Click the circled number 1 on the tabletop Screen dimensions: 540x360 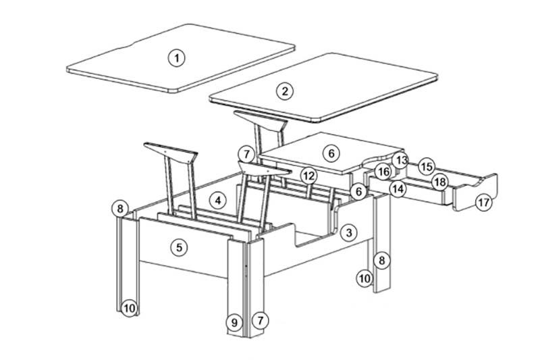pos(177,58)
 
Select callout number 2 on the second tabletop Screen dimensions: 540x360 pos(285,91)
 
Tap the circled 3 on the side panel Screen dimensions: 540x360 pos(349,233)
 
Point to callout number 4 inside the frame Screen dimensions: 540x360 pos(218,200)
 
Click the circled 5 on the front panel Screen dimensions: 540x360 pos(179,247)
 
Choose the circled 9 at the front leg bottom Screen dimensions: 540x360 pos(234,323)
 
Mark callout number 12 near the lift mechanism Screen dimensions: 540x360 pos(308,176)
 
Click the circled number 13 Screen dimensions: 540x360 pos(400,160)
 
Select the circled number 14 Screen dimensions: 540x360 pos(398,188)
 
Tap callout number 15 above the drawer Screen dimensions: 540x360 pos(427,167)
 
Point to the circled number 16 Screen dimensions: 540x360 pos(383,171)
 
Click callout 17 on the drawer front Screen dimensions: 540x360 pos(484,202)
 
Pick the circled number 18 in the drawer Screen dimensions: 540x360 pos(440,182)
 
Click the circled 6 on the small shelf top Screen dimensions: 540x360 pos(331,153)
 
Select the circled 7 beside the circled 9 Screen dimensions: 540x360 pos(260,320)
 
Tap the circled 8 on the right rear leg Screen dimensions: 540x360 pos(381,261)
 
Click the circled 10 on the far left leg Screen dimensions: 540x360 pos(130,308)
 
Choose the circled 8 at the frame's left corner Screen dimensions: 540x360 pos(120,209)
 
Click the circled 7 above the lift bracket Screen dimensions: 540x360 pos(246,155)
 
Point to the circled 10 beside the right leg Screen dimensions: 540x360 pos(364,278)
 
